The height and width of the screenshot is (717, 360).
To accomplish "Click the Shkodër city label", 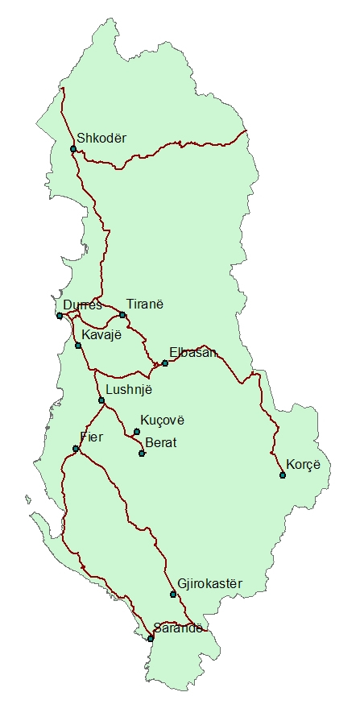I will pos(101,137).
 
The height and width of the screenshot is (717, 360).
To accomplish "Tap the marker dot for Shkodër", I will pos(73,149).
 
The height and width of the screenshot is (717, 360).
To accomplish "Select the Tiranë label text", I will pos(145,303).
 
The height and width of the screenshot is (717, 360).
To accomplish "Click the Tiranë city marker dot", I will pos(122,314).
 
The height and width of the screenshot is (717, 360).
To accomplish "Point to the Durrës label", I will pos(82,305).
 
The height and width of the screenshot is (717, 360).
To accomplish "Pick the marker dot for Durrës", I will pos(60,316).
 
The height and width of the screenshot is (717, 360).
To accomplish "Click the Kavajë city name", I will pos(101,334).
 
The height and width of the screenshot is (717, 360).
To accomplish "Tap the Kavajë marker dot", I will pos(78,346).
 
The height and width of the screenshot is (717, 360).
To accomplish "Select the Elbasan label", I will pos(193,352).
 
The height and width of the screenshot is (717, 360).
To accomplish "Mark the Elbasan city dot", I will pos(165,363).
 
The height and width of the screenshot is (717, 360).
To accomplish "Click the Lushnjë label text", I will pos(129,389).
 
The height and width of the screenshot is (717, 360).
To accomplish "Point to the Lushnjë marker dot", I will pos(101,400).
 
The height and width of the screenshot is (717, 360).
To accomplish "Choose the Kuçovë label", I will pos(163,421).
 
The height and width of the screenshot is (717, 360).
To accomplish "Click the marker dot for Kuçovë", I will pos(137,432).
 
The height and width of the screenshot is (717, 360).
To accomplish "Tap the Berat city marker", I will pos(142,454).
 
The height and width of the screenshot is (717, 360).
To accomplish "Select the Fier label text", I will pos(93,437).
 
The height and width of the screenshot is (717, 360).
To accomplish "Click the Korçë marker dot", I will pos(283,475).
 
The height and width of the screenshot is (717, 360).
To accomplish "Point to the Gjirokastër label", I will pos(209,583).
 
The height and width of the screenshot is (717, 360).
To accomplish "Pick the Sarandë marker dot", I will pos(151,639).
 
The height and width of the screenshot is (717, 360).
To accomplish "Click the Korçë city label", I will pos(304,464).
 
